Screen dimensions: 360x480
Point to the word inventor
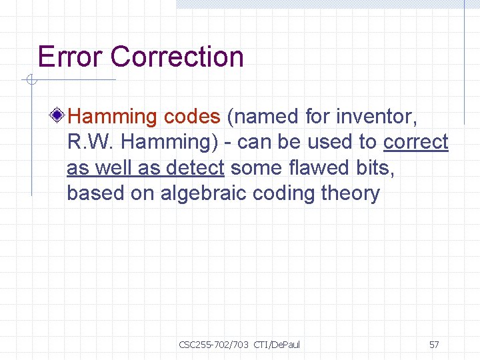[x=377, y=117]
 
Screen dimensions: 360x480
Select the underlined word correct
[x=416, y=142]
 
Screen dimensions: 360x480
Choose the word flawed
[x=319, y=168]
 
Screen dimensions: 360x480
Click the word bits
[x=377, y=168]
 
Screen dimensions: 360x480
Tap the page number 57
[x=434, y=345]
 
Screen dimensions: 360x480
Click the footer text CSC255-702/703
[x=213, y=345]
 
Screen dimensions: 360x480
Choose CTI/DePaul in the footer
[x=277, y=345]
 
